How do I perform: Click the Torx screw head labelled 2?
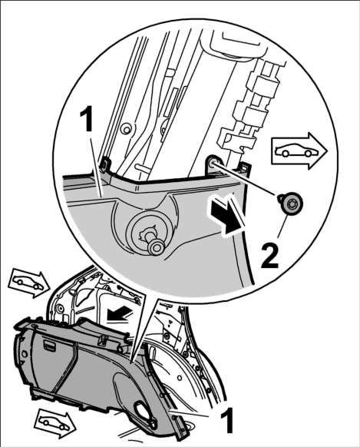(x=291, y=205)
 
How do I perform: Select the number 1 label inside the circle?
(x=87, y=121)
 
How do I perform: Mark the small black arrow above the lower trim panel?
(x=120, y=315)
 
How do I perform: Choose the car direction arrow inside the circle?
(x=299, y=151)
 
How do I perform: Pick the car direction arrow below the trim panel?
(x=54, y=424)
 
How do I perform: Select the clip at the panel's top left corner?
(x=105, y=165)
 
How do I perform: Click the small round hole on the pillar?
(x=125, y=130)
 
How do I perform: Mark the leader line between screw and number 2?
(x=282, y=229)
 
